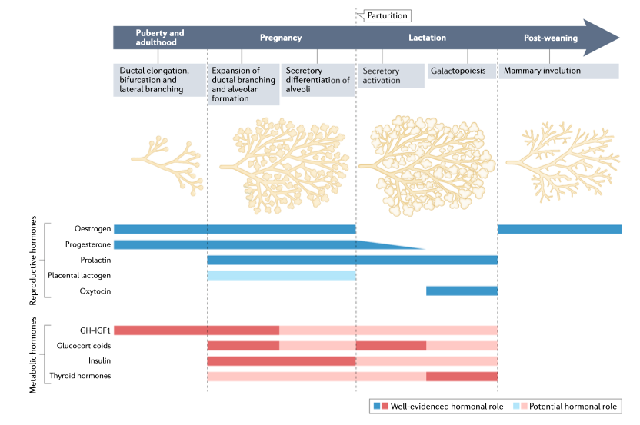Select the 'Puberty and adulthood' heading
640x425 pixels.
(160, 38)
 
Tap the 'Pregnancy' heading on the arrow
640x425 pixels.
(281, 38)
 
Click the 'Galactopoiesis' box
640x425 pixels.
(462, 71)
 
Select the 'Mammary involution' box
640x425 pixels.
(558, 71)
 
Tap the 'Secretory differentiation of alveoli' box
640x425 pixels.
(318, 80)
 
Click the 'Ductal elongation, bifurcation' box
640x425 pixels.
(160, 80)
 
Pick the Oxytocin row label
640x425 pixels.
(95, 291)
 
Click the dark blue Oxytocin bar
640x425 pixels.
(462, 291)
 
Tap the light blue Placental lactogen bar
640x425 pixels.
(281, 275)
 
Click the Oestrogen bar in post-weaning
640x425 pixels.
(559, 229)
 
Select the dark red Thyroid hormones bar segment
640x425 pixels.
(462, 376)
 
